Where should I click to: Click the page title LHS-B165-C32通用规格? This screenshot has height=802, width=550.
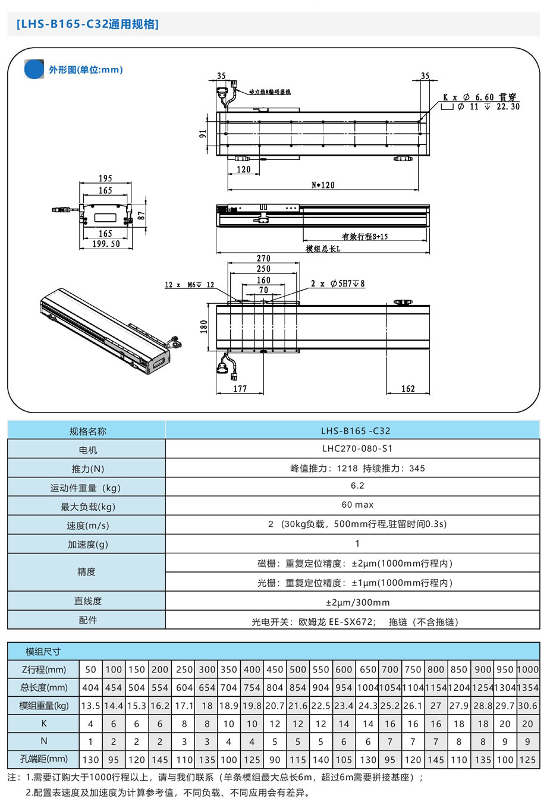click(88, 24)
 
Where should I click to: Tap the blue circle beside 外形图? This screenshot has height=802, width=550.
click(34, 69)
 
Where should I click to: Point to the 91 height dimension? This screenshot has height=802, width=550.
click(203, 134)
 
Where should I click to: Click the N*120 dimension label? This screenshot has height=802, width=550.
click(323, 185)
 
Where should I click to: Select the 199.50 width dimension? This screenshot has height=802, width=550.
click(106, 244)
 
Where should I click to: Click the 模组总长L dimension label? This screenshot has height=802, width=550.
click(323, 249)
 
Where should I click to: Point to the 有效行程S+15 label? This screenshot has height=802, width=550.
click(364, 237)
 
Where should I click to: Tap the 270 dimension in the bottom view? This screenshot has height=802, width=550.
click(263, 259)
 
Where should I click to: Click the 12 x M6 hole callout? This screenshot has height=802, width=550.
click(189, 285)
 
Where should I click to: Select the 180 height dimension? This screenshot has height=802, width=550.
click(204, 326)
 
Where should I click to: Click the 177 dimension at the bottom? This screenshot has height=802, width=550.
click(240, 389)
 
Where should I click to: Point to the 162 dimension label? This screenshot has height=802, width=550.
click(408, 389)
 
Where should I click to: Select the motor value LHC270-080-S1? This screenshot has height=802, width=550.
click(357, 449)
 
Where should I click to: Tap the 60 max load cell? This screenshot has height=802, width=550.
click(357, 505)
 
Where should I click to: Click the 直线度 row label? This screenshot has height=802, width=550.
click(87, 601)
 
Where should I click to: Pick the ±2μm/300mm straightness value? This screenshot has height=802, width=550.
click(357, 602)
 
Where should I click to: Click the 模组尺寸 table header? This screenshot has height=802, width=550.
click(43, 651)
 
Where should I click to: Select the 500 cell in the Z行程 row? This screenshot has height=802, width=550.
click(298, 669)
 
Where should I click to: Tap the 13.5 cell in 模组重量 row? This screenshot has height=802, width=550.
click(90, 706)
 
